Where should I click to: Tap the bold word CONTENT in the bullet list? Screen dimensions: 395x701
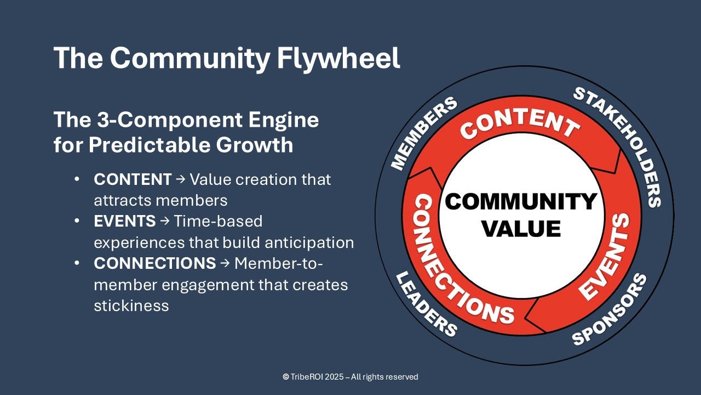[133, 179]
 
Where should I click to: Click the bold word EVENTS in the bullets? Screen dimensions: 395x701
[125, 221]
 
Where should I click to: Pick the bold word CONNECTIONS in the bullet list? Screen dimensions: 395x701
[155, 263]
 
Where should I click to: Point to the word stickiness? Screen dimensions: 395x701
[131, 306]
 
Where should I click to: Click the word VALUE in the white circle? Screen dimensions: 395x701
[521, 227]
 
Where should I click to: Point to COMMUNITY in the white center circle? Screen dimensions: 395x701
[521, 201]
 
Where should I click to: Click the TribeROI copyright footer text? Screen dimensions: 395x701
[350, 377]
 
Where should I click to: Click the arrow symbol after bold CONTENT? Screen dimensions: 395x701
[181, 180]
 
